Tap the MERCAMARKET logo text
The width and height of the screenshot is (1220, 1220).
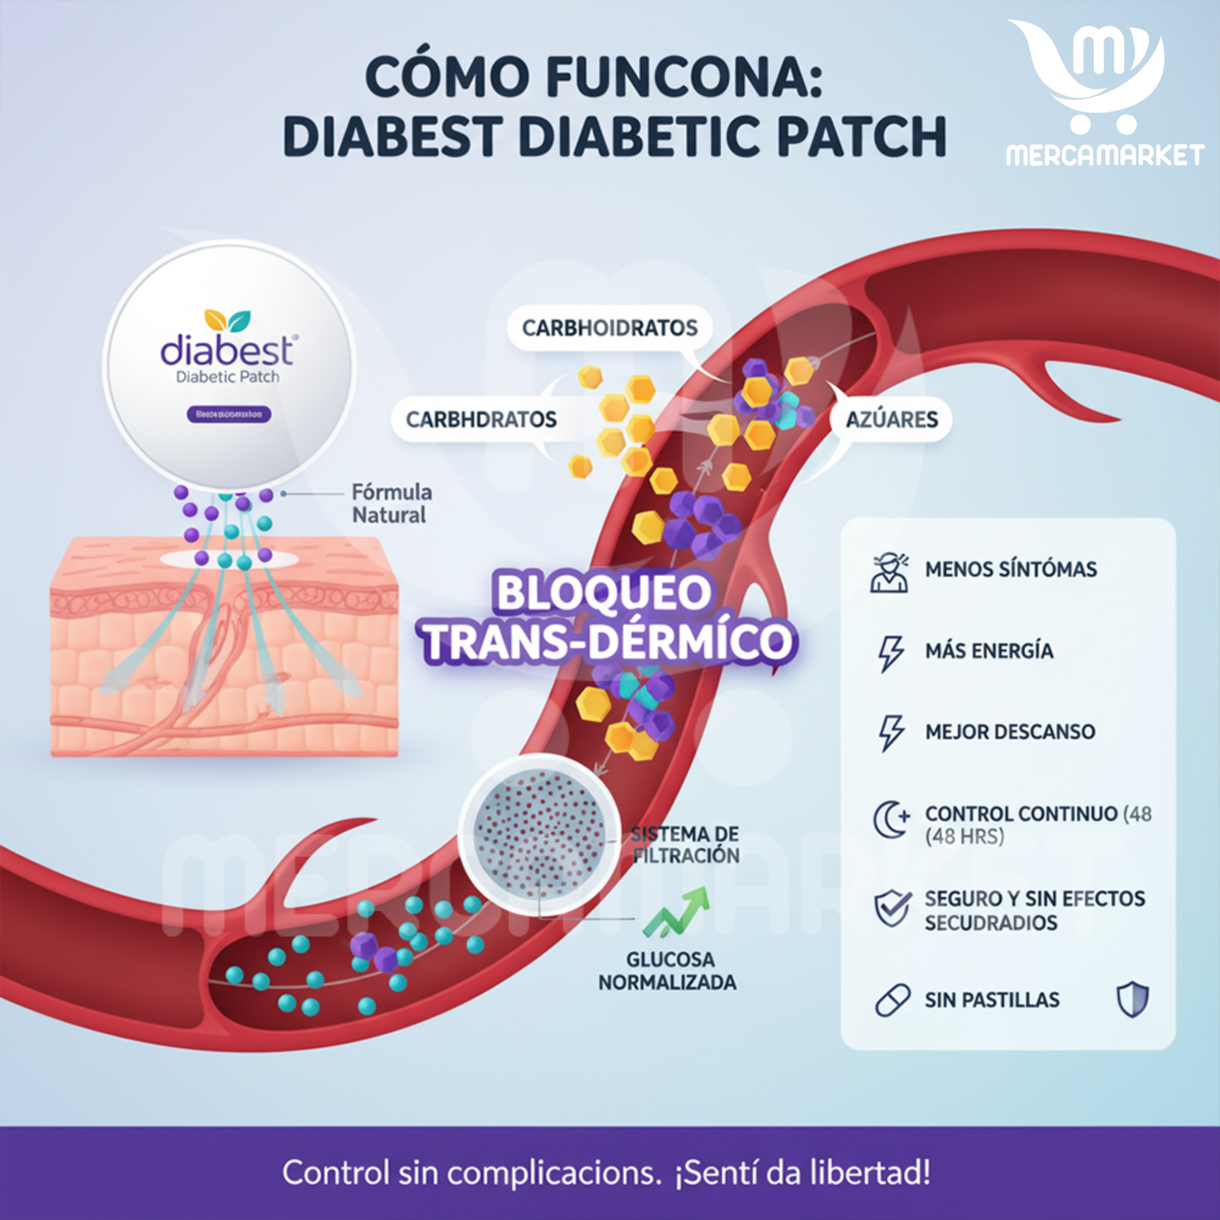point(1104,155)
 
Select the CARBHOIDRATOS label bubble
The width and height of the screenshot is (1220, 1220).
point(610,328)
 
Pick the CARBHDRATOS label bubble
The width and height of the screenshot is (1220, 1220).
point(481,420)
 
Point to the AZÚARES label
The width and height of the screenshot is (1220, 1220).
point(892,420)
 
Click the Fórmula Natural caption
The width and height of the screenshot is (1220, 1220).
point(391,503)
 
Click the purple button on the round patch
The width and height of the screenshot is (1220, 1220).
point(229,415)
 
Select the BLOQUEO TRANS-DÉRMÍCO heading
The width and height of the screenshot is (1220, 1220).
point(605,617)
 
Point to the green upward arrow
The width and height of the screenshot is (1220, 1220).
point(678,913)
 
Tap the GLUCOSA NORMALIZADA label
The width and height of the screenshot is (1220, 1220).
point(667,971)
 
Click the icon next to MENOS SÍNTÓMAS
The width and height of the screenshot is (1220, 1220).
point(890,572)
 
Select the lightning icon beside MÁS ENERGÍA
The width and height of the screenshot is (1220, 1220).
point(890,653)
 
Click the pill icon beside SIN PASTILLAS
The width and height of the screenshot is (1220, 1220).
point(892,1000)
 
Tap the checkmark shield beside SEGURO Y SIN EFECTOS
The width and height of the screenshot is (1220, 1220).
point(892,908)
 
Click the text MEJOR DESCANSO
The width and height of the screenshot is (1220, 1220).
point(1010,732)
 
